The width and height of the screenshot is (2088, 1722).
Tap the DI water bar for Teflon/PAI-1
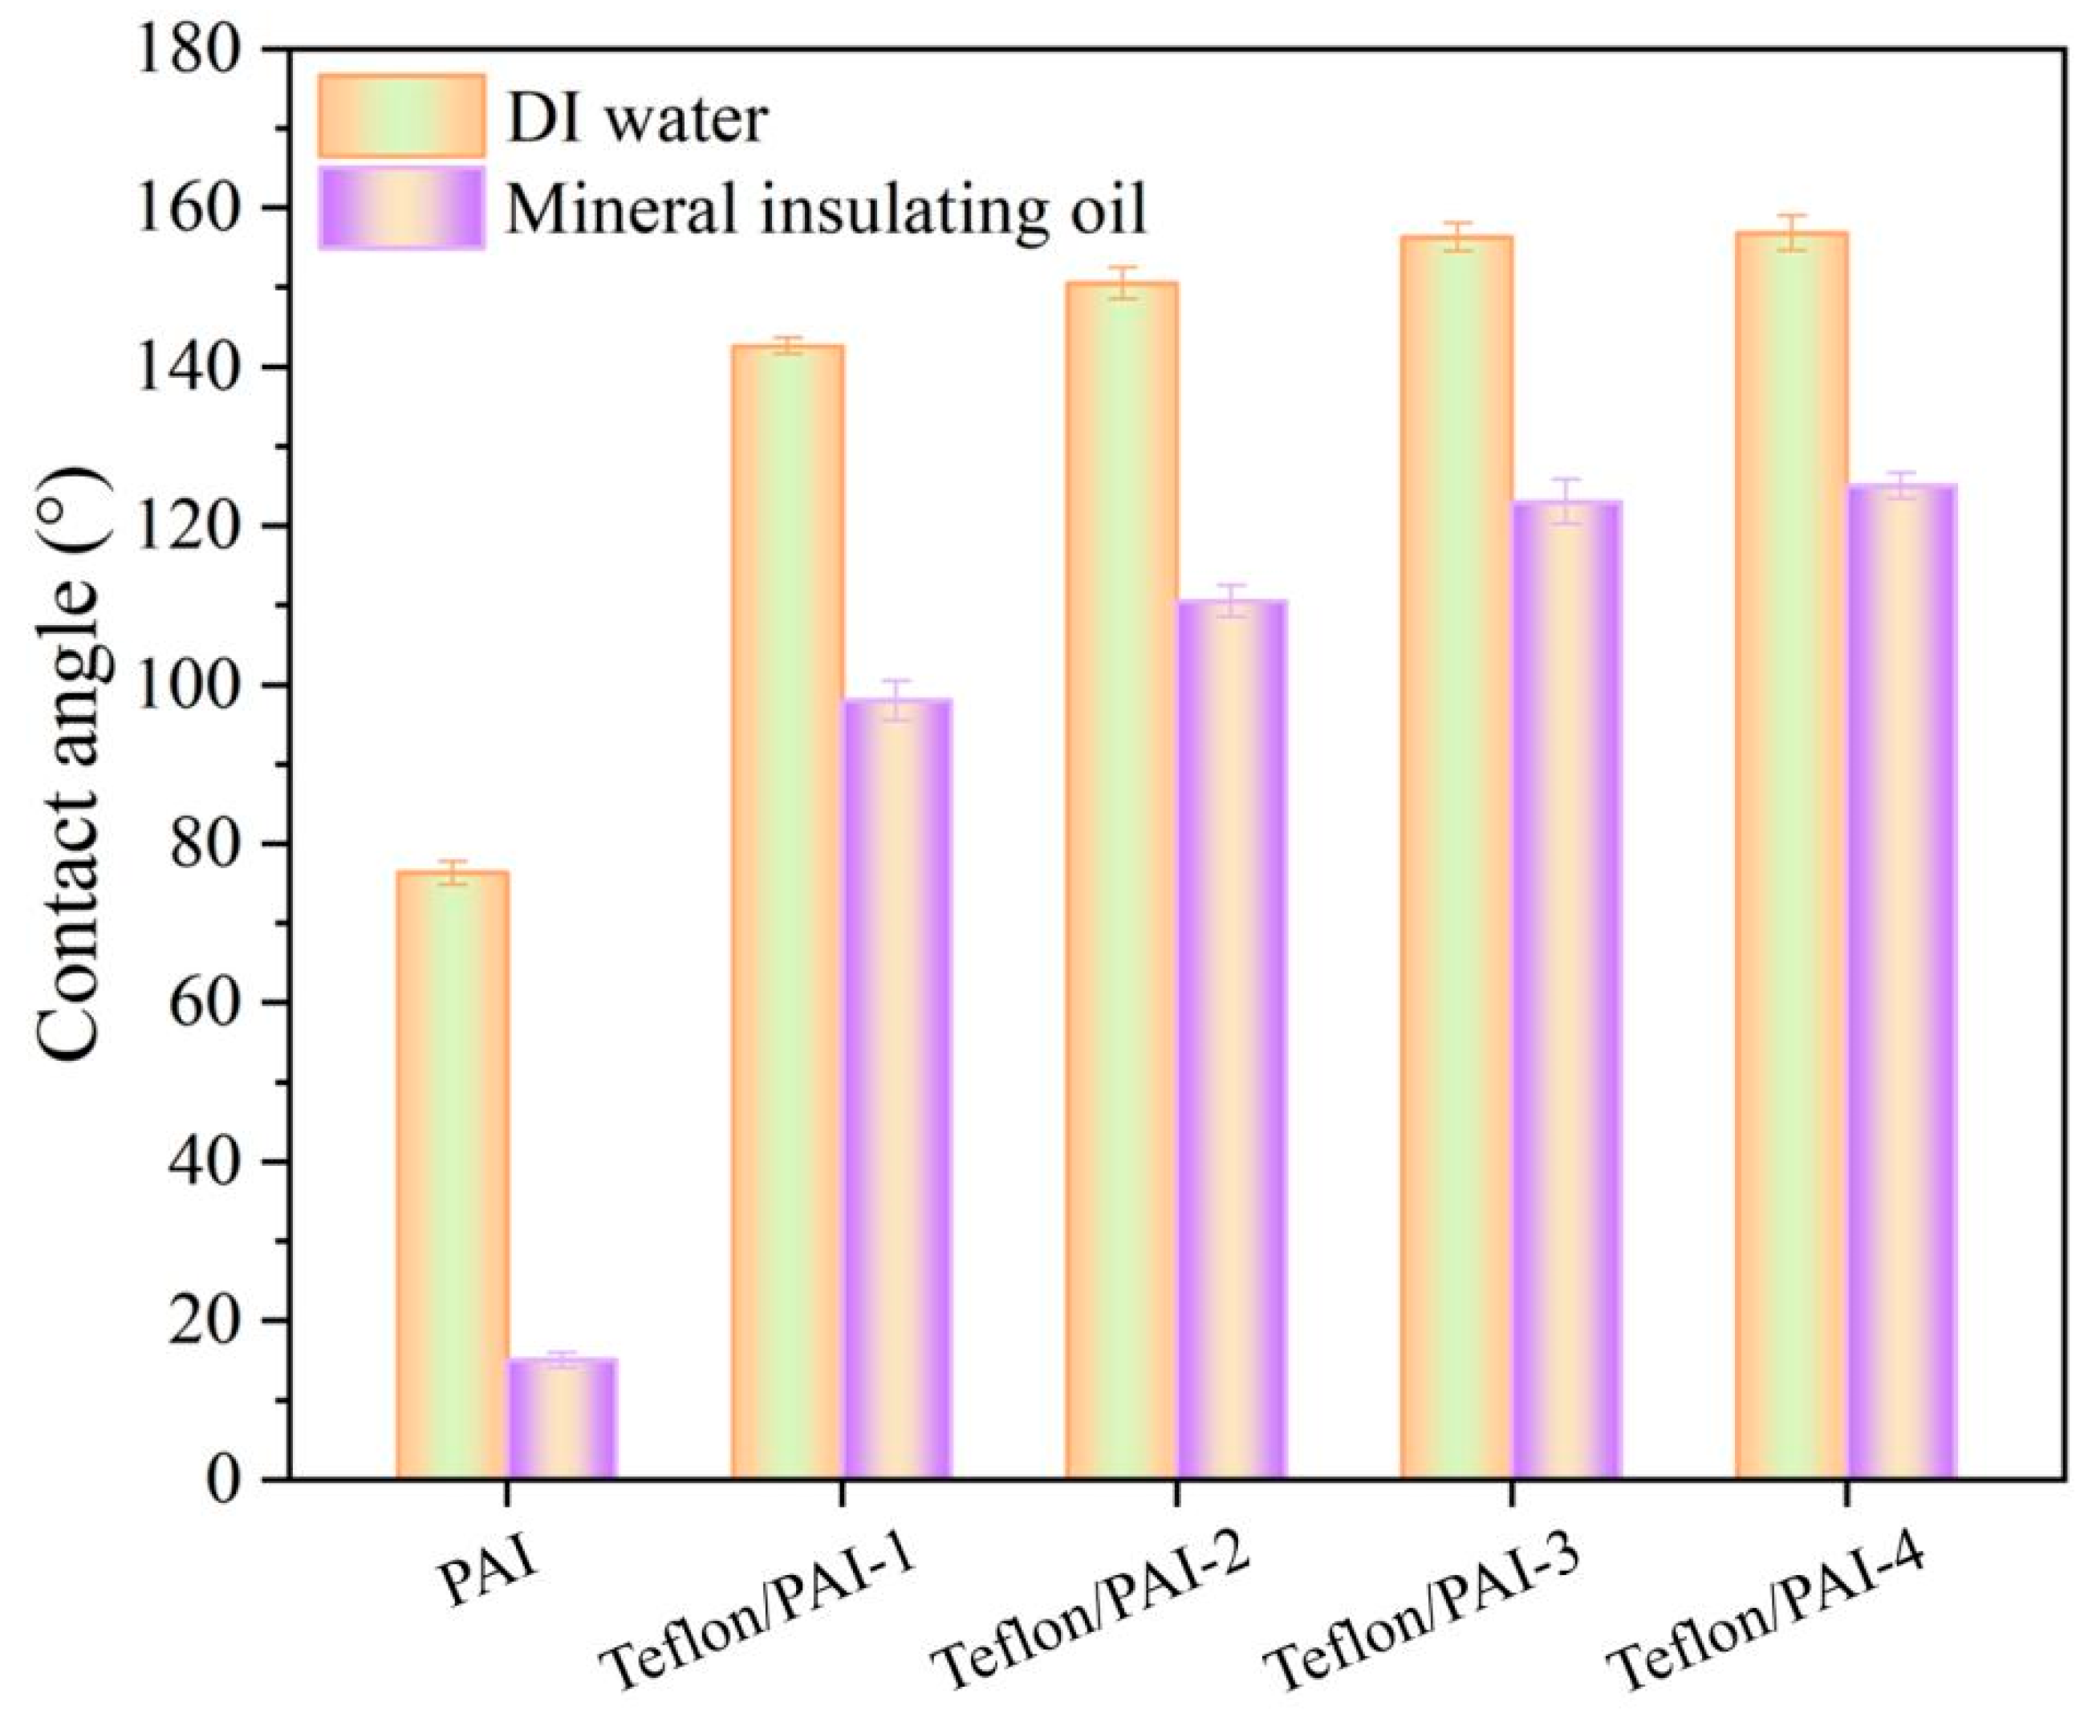pyautogui.click(x=786, y=912)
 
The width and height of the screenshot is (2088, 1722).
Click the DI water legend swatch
pyautogui.click(x=400, y=115)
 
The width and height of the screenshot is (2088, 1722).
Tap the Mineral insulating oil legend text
pyautogui.click(x=825, y=209)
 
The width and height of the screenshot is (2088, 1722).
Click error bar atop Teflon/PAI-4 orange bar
pyautogui.click(x=1790, y=232)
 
